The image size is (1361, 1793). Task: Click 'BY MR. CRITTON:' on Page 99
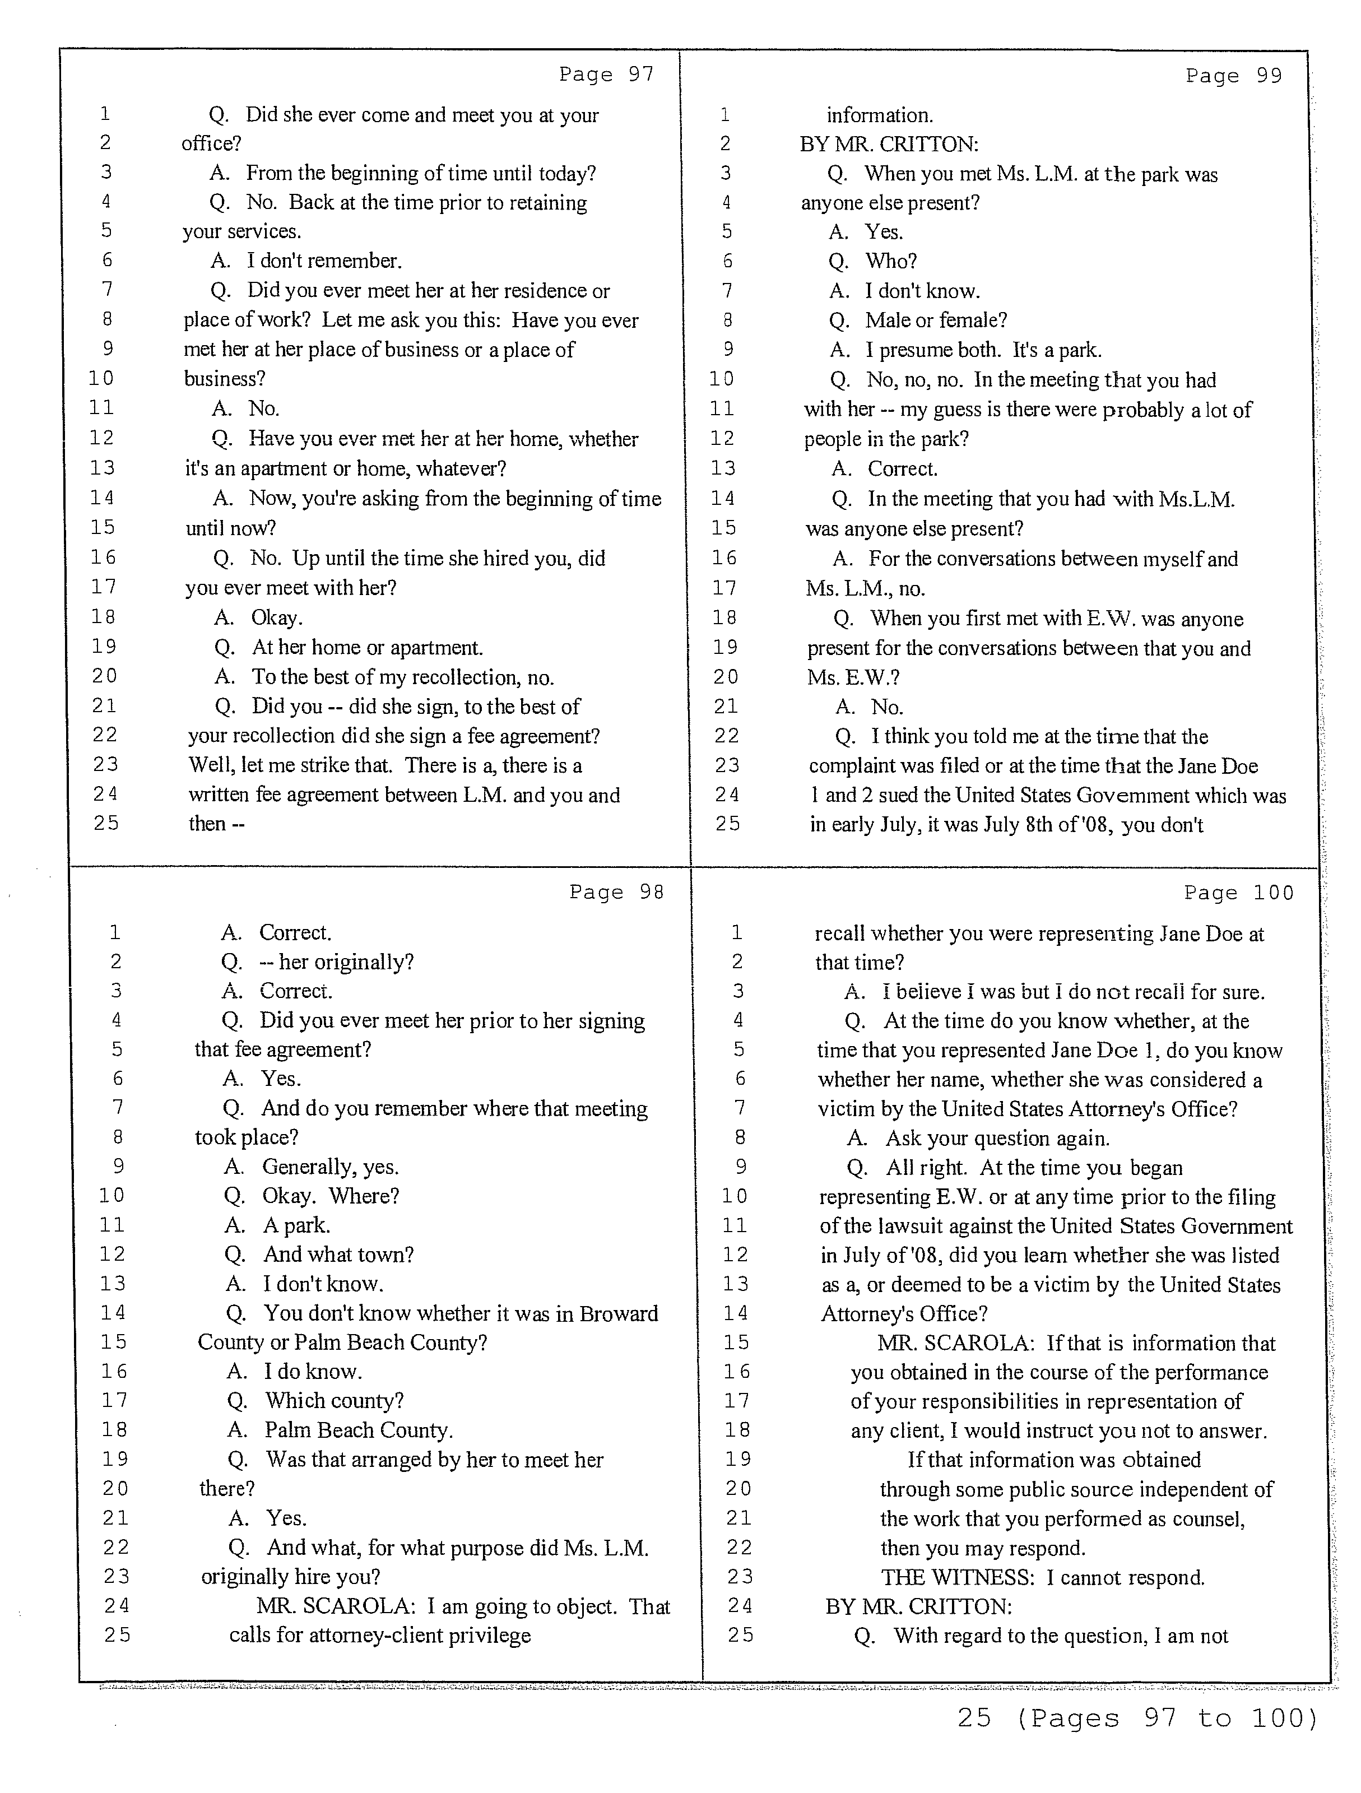click(889, 145)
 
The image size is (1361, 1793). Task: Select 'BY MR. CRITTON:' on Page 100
click(918, 1606)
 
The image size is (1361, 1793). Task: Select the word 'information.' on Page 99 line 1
click(880, 115)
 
